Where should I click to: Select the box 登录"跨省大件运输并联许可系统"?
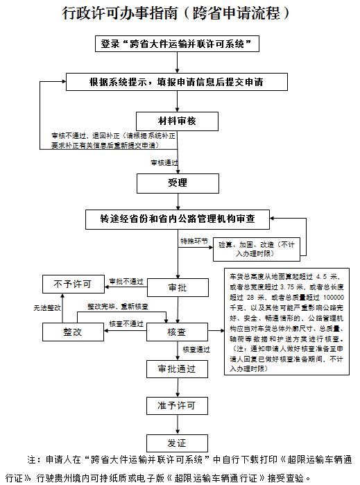(176, 44)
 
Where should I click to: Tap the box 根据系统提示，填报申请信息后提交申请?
(178, 82)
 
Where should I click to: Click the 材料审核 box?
(177, 121)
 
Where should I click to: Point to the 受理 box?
(177, 183)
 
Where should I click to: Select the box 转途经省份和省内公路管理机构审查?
(177, 219)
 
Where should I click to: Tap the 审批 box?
(177, 287)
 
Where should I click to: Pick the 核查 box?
(177, 332)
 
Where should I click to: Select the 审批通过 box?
(177, 368)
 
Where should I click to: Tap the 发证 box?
(177, 442)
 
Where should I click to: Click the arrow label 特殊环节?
(194, 241)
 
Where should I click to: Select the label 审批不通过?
(126, 282)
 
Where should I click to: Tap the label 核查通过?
(196, 349)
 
